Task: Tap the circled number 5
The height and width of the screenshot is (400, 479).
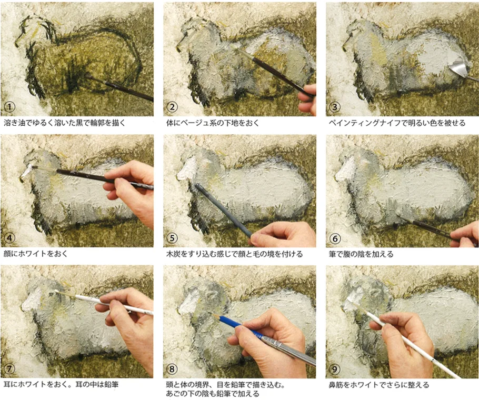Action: (x=172, y=238)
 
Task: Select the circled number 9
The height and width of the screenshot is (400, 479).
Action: (x=335, y=369)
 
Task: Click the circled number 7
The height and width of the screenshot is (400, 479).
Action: (x=9, y=368)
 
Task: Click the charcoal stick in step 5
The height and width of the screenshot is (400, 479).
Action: (x=224, y=210)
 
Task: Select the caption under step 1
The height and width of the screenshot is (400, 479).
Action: (x=65, y=123)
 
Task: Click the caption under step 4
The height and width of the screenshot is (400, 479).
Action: (x=36, y=254)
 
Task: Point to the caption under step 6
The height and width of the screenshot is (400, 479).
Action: (x=361, y=254)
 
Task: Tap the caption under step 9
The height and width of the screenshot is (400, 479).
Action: (x=379, y=385)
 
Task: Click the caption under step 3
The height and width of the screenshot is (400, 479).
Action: (x=397, y=123)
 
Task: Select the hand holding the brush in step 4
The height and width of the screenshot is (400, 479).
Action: (x=132, y=189)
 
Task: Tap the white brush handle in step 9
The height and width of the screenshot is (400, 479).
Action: (x=406, y=337)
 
